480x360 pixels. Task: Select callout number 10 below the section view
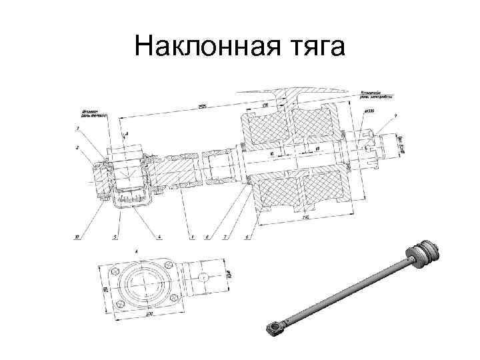pos(77,237)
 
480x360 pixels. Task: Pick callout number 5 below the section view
pos(114,237)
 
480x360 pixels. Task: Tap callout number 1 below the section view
pos(191,237)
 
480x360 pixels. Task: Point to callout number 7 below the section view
pos(225,237)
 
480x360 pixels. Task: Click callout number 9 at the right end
pos(395,117)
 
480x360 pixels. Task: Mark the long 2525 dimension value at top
pos(200,105)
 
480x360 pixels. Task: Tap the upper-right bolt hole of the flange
pos(169,264)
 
